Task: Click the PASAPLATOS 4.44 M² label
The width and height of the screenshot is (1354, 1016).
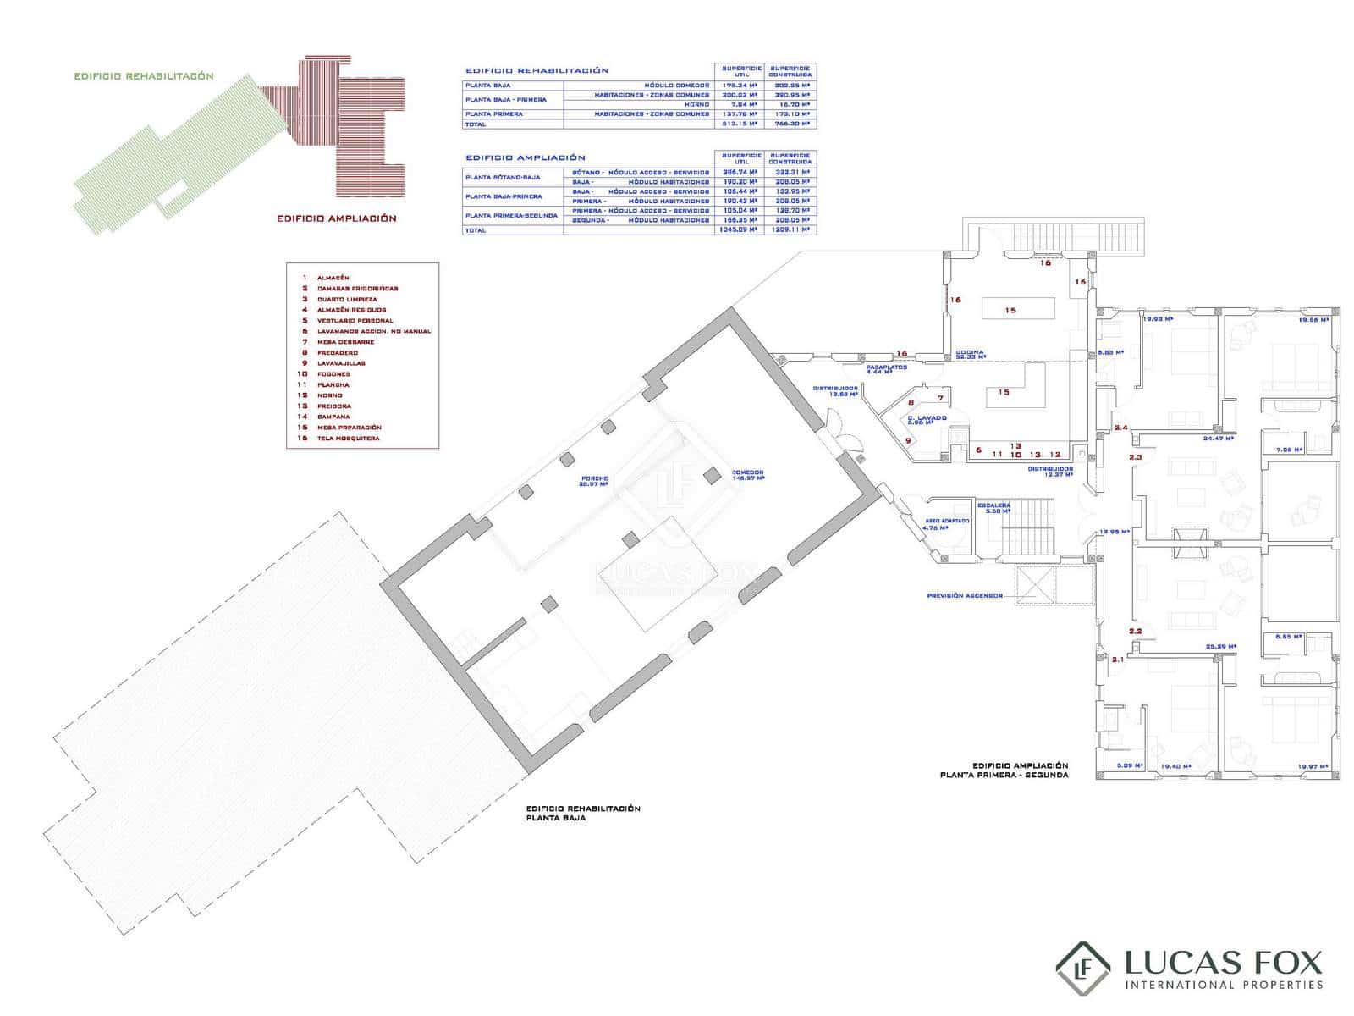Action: click(886, 369)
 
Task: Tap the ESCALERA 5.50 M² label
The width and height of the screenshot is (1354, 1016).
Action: click(993, 508)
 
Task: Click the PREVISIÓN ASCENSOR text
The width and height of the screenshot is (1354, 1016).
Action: click(964, 596)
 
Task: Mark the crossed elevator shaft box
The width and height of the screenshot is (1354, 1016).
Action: click(1035, 584)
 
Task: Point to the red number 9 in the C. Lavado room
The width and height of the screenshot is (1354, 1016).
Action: click(908, 440)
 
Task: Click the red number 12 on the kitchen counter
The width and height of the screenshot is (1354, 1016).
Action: click(1054, 455)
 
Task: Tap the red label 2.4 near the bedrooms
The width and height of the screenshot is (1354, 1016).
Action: click(1120, 428)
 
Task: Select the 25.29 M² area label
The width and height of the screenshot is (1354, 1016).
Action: click(1221, 647)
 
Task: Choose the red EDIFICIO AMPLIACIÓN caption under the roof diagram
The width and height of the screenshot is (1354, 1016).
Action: click(337, 218)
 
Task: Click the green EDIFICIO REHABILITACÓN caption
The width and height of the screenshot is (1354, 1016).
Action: click(144, 76)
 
